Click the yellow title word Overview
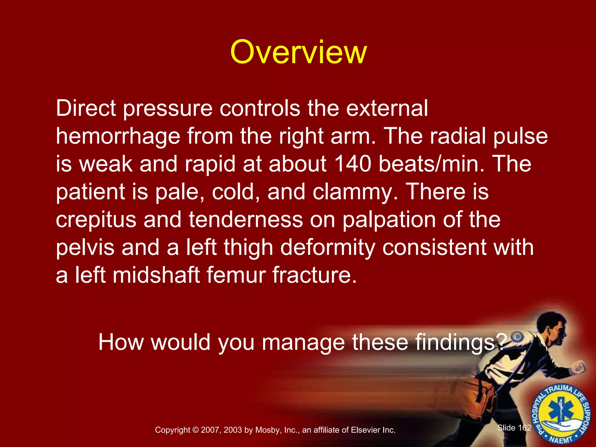[298, 52]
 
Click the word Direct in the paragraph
[86, 108]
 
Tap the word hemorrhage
[118, 136]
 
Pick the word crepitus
[96, 220]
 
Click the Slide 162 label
[514, 428]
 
